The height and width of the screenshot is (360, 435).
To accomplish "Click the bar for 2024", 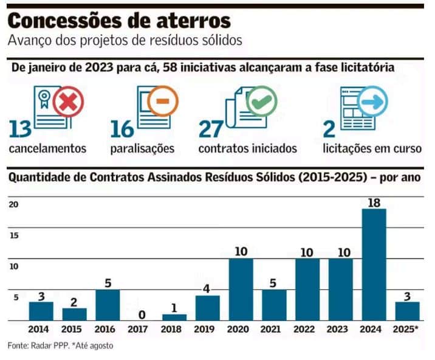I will pos(374,264).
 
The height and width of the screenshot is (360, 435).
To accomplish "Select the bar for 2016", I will pos(107,305).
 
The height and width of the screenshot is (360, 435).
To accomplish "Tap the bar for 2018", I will pos(174,317).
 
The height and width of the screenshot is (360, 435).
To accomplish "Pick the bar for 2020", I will pos(241,289).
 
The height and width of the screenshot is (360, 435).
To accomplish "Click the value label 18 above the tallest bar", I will pos(374,202).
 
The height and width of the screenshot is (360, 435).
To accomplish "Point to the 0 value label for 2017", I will pos(141,314).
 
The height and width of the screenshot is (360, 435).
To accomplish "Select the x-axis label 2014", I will pos(41,329).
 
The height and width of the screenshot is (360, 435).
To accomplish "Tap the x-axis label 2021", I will pos(274,329).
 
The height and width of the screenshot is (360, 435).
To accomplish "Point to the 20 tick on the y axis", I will pos(13,205).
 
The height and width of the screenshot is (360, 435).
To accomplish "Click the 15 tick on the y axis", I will pos(13,236).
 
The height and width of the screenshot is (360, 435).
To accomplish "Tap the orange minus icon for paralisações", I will pos(162,102).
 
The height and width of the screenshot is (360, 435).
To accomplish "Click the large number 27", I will pos(213,129).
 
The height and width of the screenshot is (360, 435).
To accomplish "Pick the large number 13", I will pos(21,129).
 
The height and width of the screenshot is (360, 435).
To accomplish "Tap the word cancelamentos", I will pos(47,148).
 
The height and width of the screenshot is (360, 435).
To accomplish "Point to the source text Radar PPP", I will pos(48,345).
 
